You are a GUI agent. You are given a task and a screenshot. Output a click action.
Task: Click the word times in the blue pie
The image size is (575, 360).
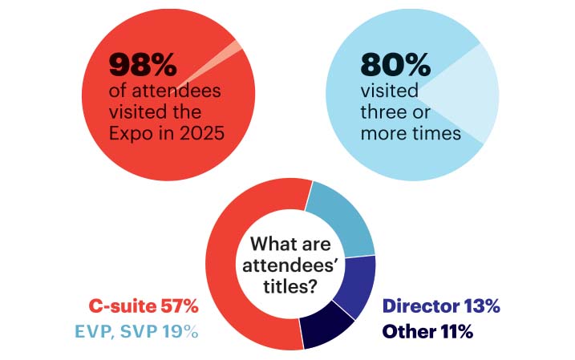[x=432, y=132]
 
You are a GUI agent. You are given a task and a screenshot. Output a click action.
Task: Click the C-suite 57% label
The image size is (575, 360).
[x=144, y=305]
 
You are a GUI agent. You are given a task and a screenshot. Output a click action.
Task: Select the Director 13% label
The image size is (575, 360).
[x=441, y=305]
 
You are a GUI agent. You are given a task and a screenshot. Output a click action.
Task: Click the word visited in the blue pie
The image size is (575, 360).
[x=390, y=90]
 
